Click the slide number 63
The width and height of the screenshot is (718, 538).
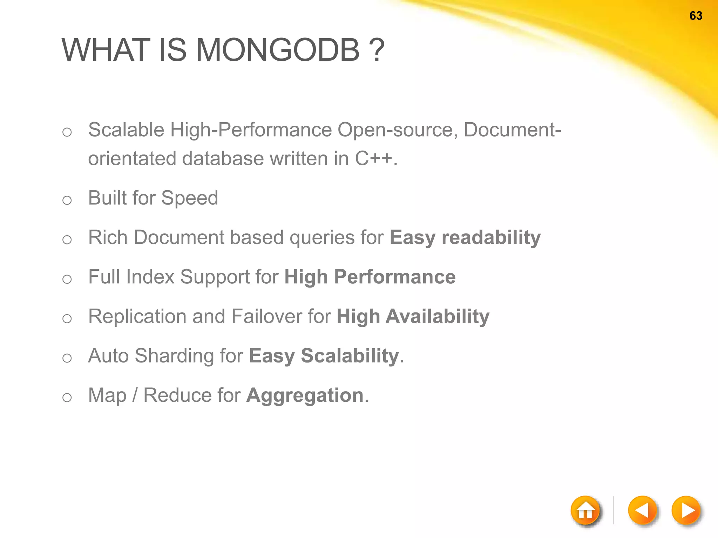click(696, 16)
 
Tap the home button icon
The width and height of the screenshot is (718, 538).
click(585, 510)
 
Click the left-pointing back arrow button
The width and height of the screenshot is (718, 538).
click(642, 510)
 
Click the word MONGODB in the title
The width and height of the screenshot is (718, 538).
click(277, 50)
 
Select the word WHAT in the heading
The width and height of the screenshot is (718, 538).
click(106, 50)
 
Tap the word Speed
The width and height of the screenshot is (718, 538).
click(189, 198)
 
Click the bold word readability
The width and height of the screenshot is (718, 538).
click(491, 237)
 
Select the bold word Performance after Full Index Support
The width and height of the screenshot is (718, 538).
click(395, 277)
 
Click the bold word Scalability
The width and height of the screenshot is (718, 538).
click(350, 356)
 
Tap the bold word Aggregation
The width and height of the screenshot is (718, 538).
click(305, 395)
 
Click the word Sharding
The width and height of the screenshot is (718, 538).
click(174, 356)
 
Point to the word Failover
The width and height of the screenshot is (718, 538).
click(266, 316)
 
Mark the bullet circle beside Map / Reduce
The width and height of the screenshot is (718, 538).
click(67, 398)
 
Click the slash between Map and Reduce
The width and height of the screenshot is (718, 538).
click(135, 395)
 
